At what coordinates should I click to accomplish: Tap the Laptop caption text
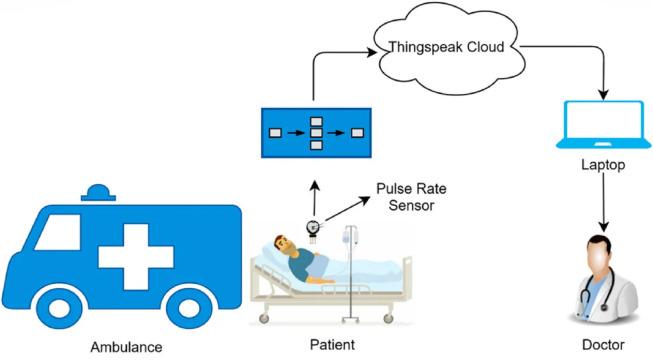coord(602,166)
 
